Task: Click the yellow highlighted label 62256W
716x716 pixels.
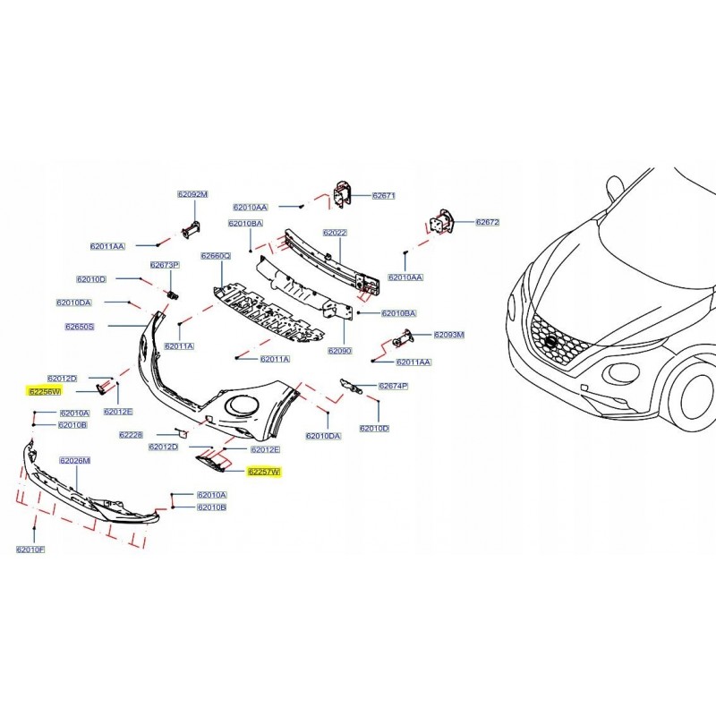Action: pos(43,391)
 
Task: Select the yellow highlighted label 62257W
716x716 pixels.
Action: pos(264,471)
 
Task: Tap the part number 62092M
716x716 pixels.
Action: pos(192,194)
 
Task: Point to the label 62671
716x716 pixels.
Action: pos(383,195)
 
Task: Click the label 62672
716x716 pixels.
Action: pos(488,222)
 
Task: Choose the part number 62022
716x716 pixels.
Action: pos(335,233)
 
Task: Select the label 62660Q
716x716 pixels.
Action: pos(216,256)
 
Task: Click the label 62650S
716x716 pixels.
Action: pos(79,327)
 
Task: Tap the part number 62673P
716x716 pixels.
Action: pos(165,265)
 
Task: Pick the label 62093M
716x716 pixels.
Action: pos(449,335)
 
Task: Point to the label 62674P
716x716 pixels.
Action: pos(393,386)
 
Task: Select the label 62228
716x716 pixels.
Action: pos(131,434)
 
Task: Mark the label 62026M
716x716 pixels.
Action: pos(75,460)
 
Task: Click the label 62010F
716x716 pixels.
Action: pos(30,548)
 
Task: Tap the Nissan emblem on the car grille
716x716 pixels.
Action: pos(550,343)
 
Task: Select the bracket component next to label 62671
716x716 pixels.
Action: pos(342,194)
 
